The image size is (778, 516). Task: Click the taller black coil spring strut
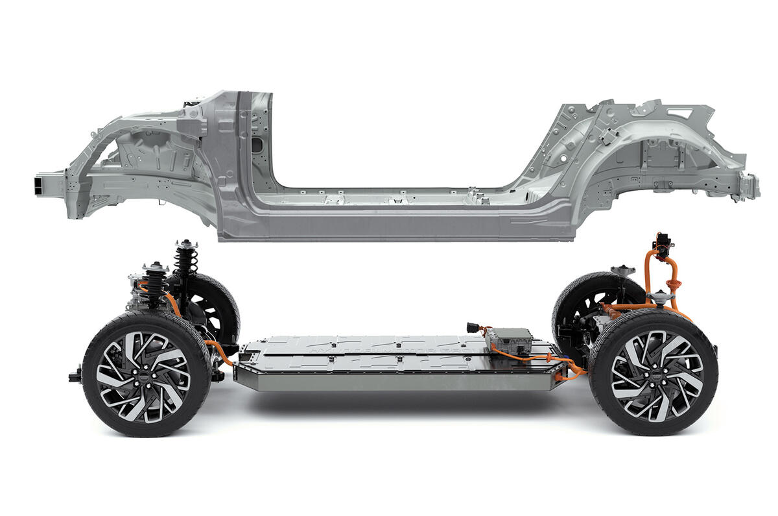pos(186,263)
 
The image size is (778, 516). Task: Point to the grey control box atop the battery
pos(510,339)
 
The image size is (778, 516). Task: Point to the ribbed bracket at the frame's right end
pos(749,186)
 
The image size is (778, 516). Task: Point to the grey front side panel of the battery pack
pos(389,380)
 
